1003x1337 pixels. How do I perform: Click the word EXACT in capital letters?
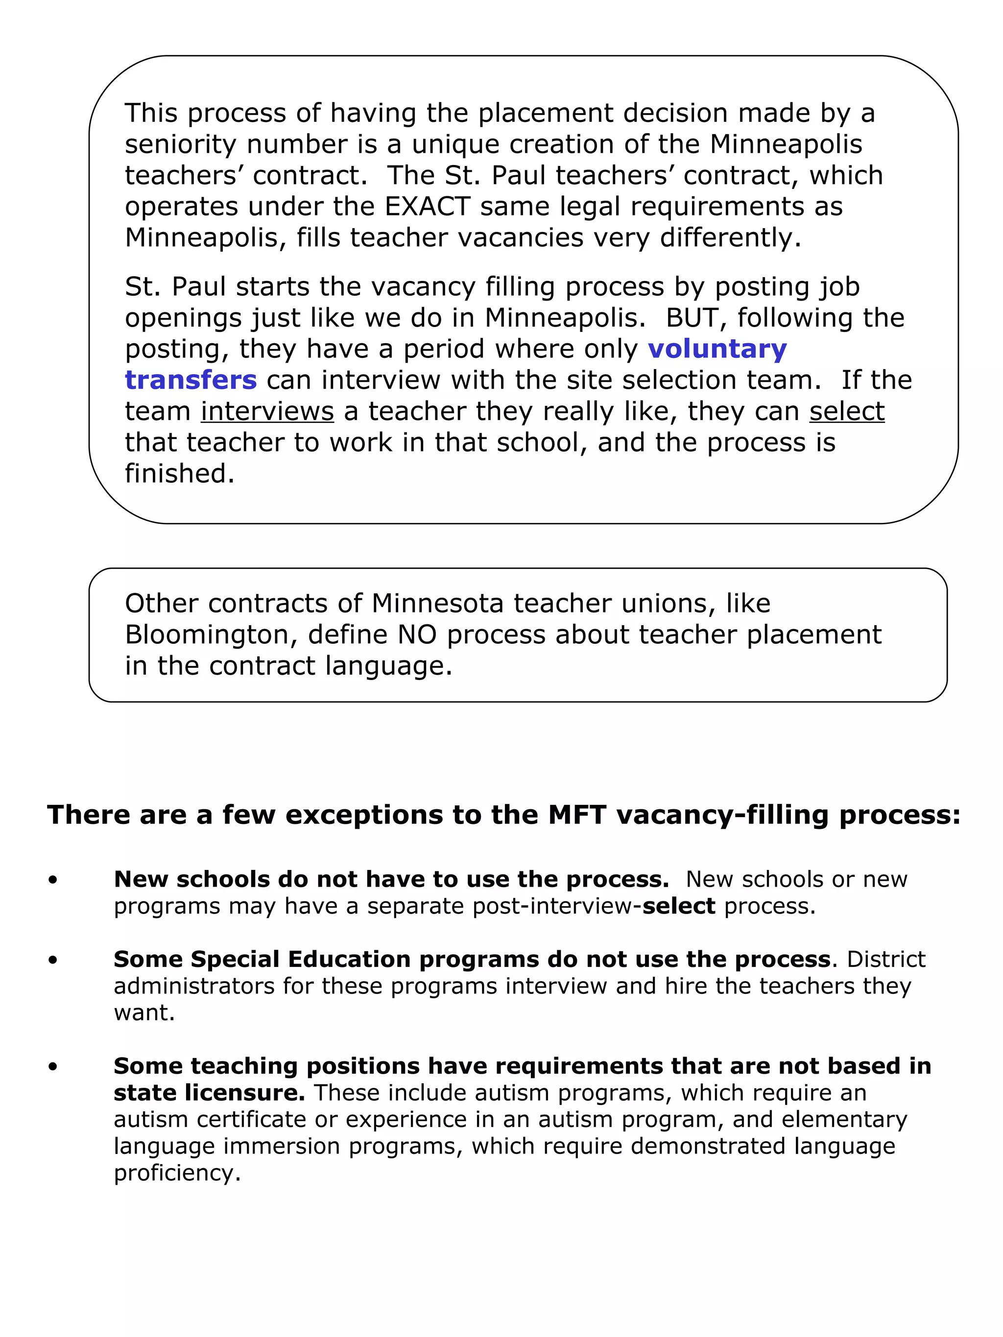click(427, 207)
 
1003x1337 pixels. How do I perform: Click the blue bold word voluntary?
click(717, 350)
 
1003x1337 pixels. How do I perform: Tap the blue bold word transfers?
click(191, 380)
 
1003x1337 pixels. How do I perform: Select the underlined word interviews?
click(267, 412)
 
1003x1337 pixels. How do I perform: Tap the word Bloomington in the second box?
click(211, 634)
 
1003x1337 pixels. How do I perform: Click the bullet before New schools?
click(53, 880)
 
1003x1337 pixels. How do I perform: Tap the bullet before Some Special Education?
click(53, 960)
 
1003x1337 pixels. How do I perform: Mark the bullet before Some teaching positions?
click(53, 1067)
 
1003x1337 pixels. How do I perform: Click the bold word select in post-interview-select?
click(678, 906)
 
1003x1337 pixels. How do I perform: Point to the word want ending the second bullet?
click(144, 1012)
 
